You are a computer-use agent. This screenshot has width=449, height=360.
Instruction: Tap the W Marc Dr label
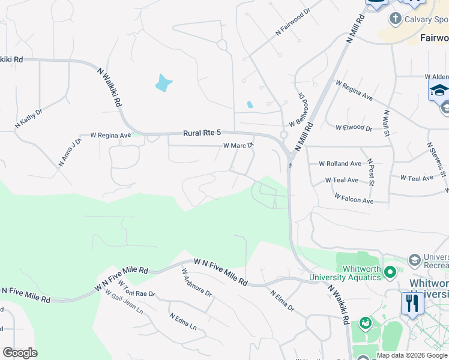coord(239,145)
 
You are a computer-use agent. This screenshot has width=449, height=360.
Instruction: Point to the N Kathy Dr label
coord(29,118)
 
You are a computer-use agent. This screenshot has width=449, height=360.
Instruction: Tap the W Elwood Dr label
coord(354,128)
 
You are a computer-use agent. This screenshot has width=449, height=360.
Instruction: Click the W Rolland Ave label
coord(340,163)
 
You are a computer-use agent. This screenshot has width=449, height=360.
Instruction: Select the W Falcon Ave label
coord(354,199)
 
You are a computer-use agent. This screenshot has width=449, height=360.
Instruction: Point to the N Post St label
coord(371,172)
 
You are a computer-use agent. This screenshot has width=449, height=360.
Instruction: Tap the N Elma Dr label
coord(282,301)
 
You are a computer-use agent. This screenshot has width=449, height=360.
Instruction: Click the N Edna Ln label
coord(183,321)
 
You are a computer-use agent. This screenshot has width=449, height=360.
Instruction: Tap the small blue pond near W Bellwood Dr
coord(250,105)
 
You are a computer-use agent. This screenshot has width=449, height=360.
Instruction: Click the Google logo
coord(20,353)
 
